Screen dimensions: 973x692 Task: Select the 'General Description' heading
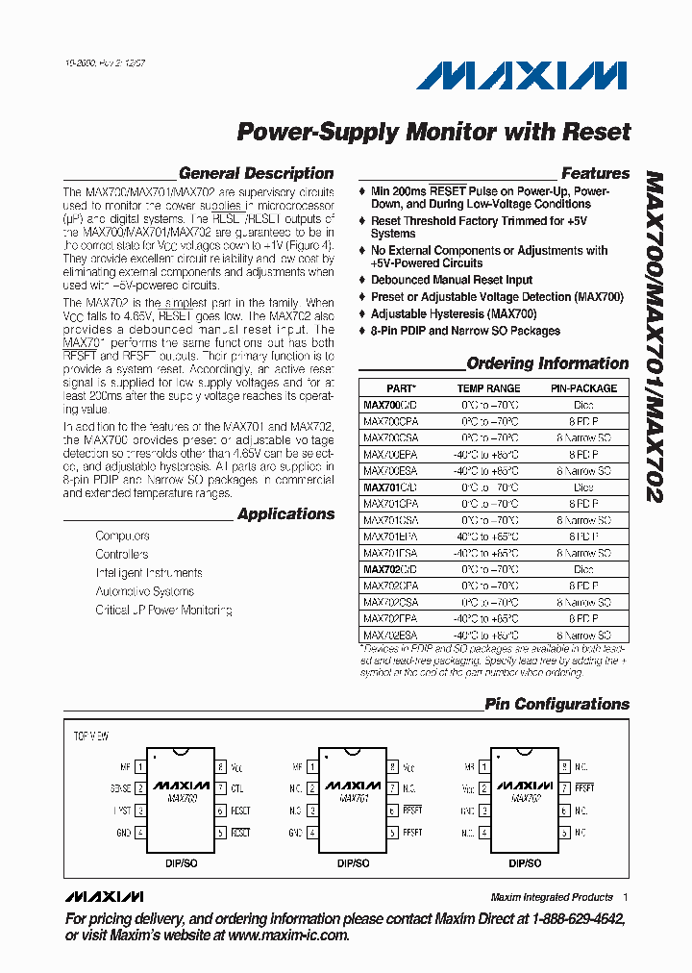[x=256, y=174]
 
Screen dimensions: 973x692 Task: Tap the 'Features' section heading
[x=595, y=174]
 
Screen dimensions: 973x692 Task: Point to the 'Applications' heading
[x=285, y=514]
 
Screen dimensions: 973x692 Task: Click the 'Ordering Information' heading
[x=547, y=363]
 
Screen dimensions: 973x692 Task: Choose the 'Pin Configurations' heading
[x=556, y=705]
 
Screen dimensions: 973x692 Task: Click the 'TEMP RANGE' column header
[x=489, y=388]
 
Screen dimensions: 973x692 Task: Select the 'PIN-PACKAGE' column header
[x=583, y=388]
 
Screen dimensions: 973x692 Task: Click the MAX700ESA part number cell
[x=390, y=471]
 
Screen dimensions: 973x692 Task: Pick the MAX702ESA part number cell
[x=390, y=636]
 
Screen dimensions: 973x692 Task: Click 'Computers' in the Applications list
[x=122, y=536]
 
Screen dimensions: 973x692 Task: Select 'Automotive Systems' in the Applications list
[x=144, y=591]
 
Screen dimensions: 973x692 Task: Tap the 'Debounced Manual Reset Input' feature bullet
[x=452, y=280]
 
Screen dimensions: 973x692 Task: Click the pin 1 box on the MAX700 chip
[x=140, y=767]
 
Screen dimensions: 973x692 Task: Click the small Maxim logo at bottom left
[x=104, y=897]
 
